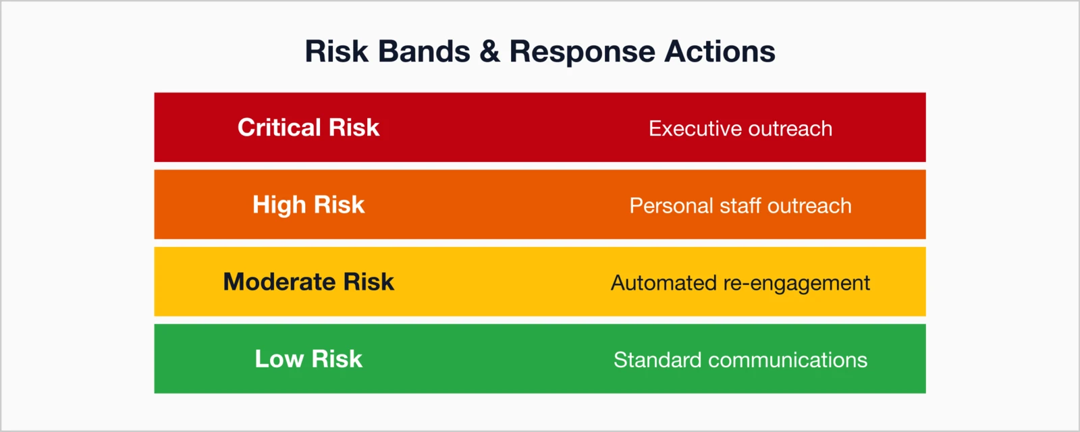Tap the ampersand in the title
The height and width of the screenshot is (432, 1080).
pyautogui.click(x=489, y=52)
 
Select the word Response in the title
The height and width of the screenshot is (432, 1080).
pyautogui.click(x=582, y=52)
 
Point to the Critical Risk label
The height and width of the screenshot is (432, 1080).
pyautogui.click(x=308, y=128)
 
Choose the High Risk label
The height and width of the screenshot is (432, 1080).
pyautogui.click(x=308, y=205)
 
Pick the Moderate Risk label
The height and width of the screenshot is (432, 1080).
pyautogui.click(x=308, y=281)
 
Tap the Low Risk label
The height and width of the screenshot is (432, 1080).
pyautogui.click(x=308, y=358)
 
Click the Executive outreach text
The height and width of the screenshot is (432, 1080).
pyautogui.click(x=740, y=128)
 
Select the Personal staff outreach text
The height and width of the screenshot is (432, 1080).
pyautogui.click(x=740, y=205)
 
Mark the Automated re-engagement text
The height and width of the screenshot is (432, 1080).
pyautogui.click(x=740, y=282)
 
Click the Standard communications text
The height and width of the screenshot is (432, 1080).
pyautogui.click(x=740, y=359)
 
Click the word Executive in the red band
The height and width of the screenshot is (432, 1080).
pyautogui.click(x=695, y=128)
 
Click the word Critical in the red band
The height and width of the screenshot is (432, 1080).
pyautogui.click(x=279, y=128)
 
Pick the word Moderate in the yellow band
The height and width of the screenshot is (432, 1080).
pyautogui.click(x=279, y=281)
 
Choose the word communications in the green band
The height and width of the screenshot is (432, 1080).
pyautogui.click(x=788, y=359)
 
